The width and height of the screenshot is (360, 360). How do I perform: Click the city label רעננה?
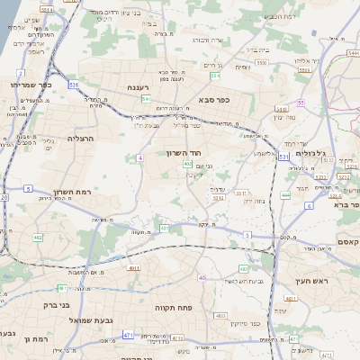pos(140,87)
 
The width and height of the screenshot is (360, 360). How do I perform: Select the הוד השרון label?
pos(187,154)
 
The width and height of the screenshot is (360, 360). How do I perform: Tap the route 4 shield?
pos(140,157)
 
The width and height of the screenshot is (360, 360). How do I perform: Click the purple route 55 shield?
pos(301,103)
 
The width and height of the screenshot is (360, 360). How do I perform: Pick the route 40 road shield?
pos(202,277)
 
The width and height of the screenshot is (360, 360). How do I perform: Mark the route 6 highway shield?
pos(308,206)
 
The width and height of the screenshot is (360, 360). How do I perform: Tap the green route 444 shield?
pos(285,194)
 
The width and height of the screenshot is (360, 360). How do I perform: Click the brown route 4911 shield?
pos(132,267)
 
